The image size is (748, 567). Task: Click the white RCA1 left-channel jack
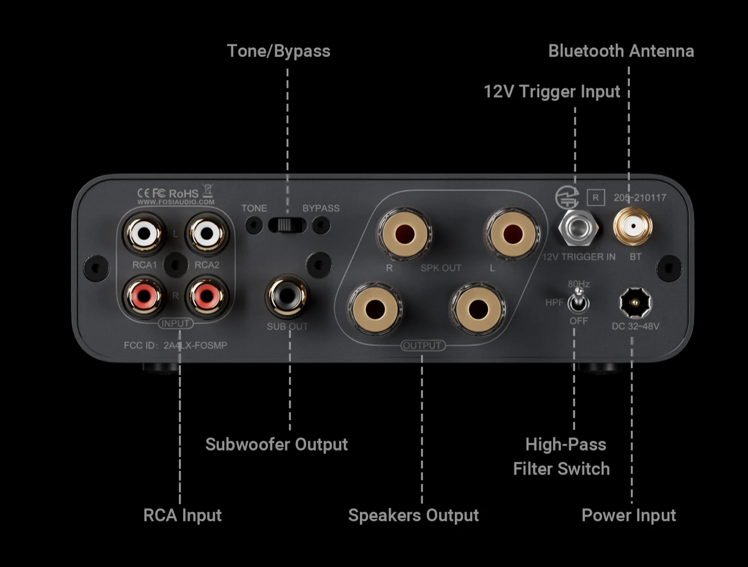[x=144, y=234]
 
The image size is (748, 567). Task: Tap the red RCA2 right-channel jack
[x=207, y=296]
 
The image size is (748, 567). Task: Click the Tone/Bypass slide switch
[x=287, y=224]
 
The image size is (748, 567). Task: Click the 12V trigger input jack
[x=578, y=228]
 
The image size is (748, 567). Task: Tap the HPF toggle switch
[x=578, y=301]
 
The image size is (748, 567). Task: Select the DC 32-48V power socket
[x=635, y=302]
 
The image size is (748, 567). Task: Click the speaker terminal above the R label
[x=404, y=234]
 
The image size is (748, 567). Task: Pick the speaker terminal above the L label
[x=512, y=234]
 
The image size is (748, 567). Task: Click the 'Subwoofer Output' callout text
[x=276, y=444]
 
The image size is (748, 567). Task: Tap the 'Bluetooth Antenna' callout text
[x=621, y=51]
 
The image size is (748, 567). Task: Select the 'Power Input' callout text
[x=628, y=515]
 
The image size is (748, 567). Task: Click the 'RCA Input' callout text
[x=182, y=515]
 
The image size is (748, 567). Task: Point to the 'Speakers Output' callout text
[x=413, y=515]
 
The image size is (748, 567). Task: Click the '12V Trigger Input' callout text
[x=551, y=92]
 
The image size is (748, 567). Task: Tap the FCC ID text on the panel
[x=175, y=345]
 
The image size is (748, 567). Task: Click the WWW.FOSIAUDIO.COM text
[x=176, y=202]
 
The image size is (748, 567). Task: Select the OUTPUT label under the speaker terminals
[x=422, y=345]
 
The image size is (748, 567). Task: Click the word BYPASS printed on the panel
[x=321, y=208]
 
